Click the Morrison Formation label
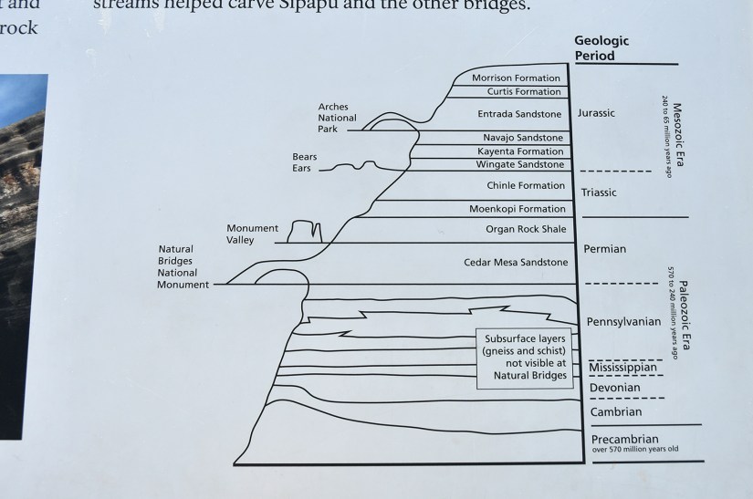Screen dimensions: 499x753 click(517, 78)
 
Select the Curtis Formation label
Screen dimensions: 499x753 click(517, 92)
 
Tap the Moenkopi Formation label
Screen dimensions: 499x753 click(518, 209)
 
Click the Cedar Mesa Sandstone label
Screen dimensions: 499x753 click(516, 263)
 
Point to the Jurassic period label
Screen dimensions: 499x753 click(597, 113)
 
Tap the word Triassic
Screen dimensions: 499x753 click(599, 192)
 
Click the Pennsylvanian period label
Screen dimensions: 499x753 click(623, 321)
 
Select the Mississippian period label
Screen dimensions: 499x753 click(624, 368)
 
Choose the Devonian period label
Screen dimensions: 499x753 click(614, 389)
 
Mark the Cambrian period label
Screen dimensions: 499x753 click(615, 412)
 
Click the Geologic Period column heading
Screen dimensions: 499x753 click(601, 48)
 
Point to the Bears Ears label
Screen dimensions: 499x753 click(305, 162)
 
